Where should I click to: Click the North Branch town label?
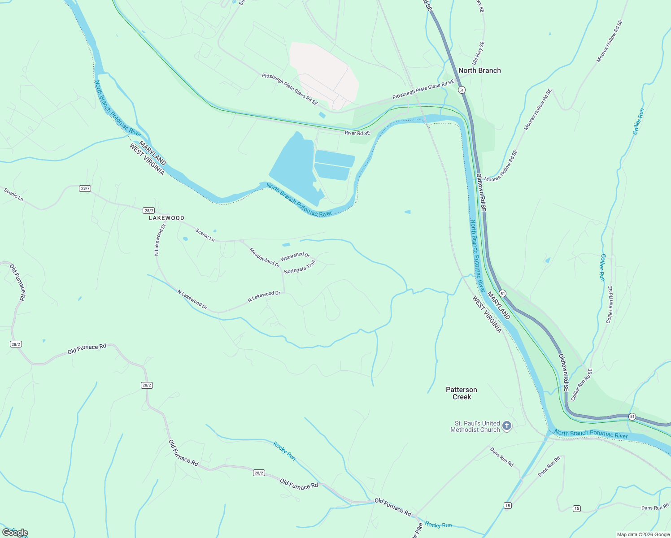click(479, 70)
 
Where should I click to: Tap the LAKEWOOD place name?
click(166, 218)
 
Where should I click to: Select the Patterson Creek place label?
click(462, 393)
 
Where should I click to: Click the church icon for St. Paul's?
click(507, 426)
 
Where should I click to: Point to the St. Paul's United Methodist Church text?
click(475, 426)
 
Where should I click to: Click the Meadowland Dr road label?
click(265, 258)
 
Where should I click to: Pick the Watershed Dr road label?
click(295, 256)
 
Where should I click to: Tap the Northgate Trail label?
click(300, 267)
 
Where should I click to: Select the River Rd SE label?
click(357, 133)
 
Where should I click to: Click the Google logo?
click(15, 533)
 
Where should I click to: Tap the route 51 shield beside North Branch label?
click(462, 90)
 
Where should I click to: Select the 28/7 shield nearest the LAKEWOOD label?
click(149, 210)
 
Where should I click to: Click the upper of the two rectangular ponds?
click(335, 158)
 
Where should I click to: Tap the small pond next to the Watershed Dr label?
click(286, 245)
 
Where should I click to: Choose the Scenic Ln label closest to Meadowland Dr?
click(205, 235)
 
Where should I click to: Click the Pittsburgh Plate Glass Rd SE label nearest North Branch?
click(423, 90)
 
